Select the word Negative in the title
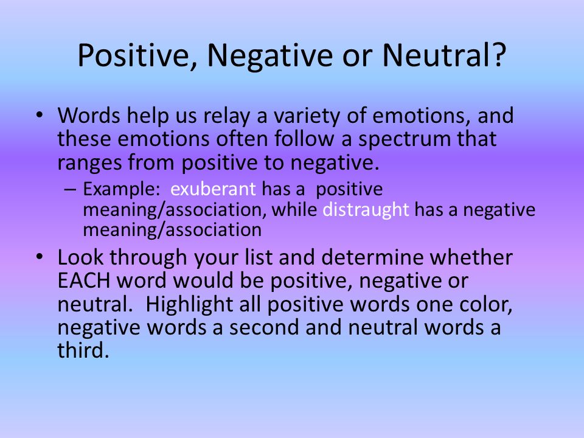pos(270,55)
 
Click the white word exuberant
pos(213,189)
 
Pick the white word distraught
pos(366,209)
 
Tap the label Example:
pos(122,190)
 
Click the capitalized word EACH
pos(84,280)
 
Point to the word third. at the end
pos(83,350)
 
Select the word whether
pos(471,257)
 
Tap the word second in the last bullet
pos(264,327)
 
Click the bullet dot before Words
pos(40,115)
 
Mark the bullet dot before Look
pos(40,257)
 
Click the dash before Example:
pos(69,190)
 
